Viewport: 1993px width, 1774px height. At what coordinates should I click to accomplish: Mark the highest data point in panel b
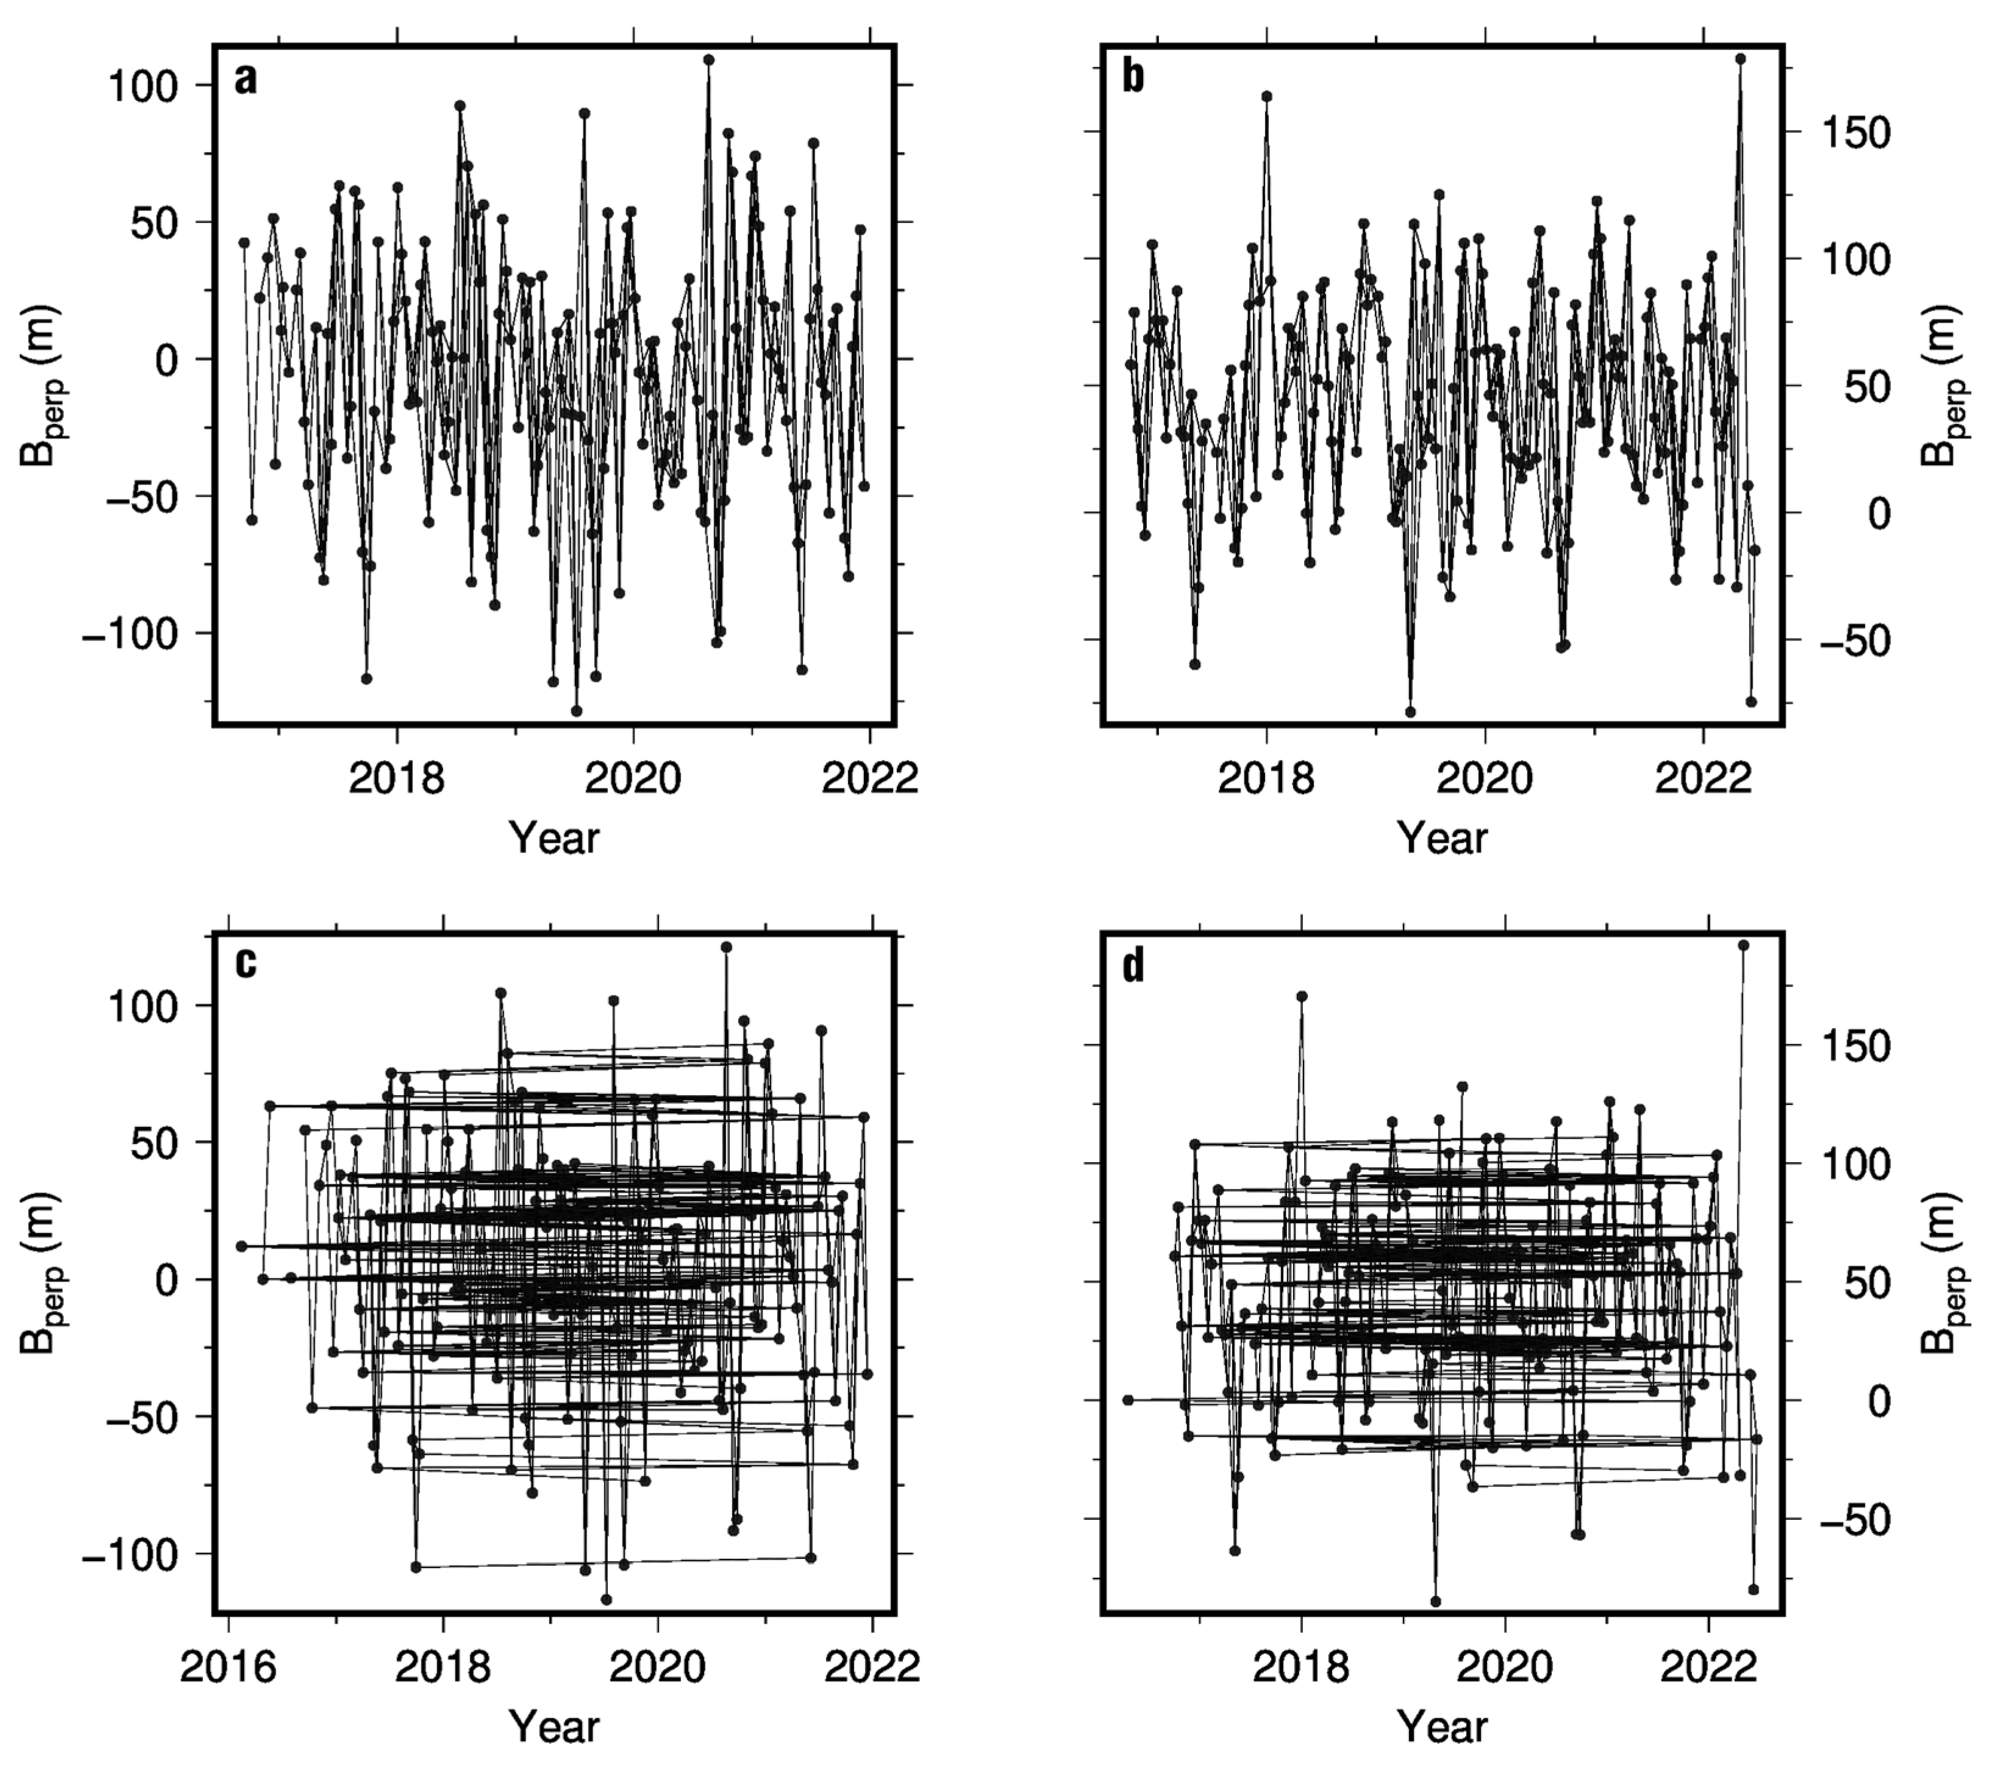click(x=1741, y=59)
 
